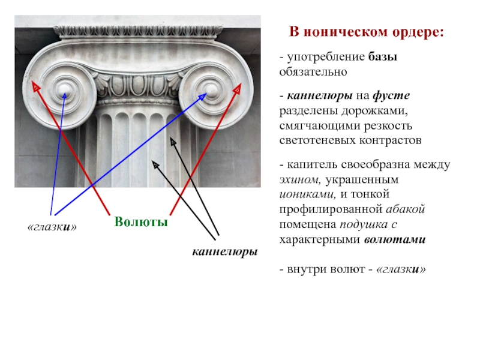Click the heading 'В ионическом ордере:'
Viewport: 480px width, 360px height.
pyautogui.click(x=367, y=31)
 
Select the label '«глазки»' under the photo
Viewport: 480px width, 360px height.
pyautogui.click(x=53, y=227)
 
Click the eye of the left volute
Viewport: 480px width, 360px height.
pyautogui.click(x=64, y=91)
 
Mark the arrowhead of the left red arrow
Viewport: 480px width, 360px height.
pyautogui.click(x=35, y=87)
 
